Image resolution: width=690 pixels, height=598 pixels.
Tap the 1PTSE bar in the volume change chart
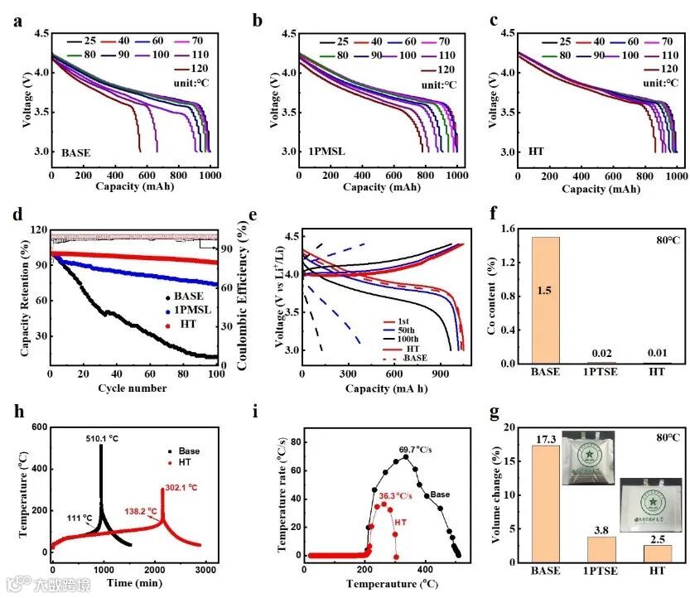(602, 549)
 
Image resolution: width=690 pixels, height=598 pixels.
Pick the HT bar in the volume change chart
(658, 553)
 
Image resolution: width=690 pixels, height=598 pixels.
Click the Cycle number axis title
(132, 388)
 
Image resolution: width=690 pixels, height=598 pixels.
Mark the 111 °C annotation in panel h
(80, 517)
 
